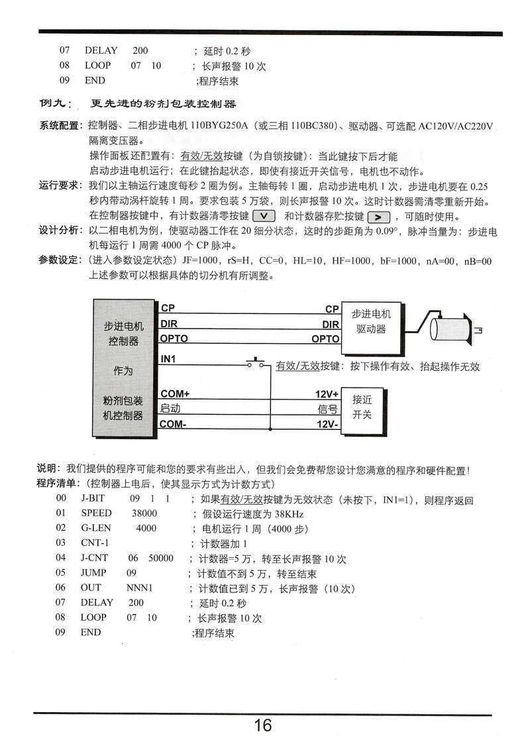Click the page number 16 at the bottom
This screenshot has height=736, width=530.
tap(263, 725)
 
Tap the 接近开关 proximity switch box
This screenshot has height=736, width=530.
tap(362, 407)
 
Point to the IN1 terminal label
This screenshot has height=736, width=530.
tap(169, 359)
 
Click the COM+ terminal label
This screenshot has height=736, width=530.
tap(175, 394)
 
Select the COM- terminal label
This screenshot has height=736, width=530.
tap(174, 425)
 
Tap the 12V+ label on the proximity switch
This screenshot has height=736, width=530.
tap(327, 394)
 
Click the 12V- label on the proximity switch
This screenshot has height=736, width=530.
tap(327, 425)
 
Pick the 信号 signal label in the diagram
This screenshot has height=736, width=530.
tap(328, 409)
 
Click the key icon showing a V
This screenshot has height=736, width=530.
tap(264, 216)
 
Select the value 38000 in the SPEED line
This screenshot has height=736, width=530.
tap(144, 513)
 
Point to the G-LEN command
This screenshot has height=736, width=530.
tap(96, 528)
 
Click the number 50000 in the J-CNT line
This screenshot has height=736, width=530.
tap(161, 558)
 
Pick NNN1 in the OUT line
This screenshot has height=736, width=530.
tap(140, 588)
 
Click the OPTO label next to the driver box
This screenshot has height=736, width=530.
tap(325, 339)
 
